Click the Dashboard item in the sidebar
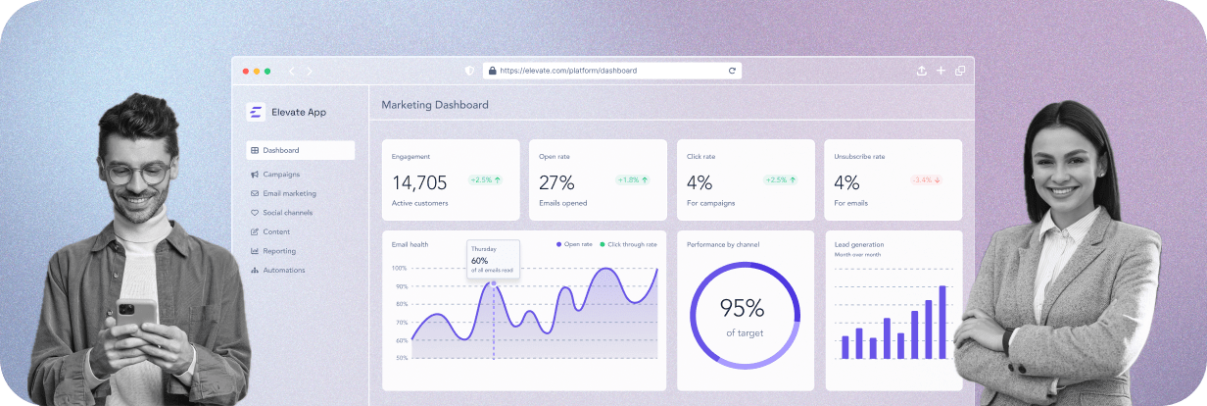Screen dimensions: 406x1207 281,150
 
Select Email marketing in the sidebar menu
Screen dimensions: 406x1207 289,193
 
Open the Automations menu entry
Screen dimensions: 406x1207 283,270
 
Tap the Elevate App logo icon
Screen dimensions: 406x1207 255,112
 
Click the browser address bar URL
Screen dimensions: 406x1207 568,71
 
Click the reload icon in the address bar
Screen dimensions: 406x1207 732,71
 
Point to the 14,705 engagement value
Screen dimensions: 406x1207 419,182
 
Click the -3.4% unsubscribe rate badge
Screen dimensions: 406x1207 926,179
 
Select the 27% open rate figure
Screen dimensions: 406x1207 556,182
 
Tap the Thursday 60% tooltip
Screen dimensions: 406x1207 493,258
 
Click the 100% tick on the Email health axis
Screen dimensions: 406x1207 400,268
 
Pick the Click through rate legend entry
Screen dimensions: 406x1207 628,244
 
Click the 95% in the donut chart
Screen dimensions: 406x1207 742,308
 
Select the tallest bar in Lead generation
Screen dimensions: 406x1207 942,322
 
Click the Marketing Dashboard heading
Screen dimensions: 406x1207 435,105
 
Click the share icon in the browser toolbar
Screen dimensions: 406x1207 921,71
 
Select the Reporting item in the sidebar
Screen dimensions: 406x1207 279,251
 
